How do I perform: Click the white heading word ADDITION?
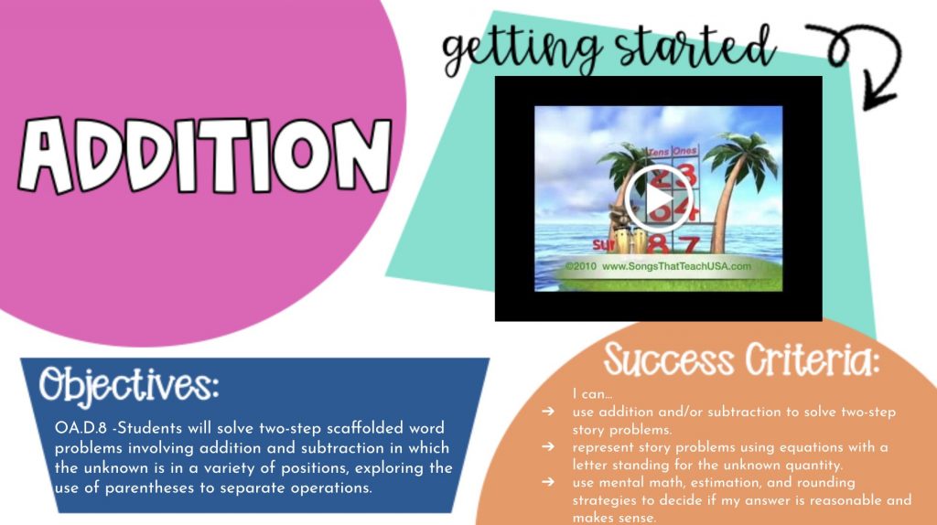(205, 155)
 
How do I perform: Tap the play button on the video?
(659, 198)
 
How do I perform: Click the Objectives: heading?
(129, 385)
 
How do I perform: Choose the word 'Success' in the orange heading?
(669, 359)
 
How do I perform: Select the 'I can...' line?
(592, 394)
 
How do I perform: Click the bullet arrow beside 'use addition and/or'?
(548, 412)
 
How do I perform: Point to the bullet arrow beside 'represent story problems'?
(548, 446)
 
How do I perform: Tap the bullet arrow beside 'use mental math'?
(548, 482)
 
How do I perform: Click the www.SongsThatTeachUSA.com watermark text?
(676, 266)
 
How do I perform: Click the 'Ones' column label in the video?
(684, 151)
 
